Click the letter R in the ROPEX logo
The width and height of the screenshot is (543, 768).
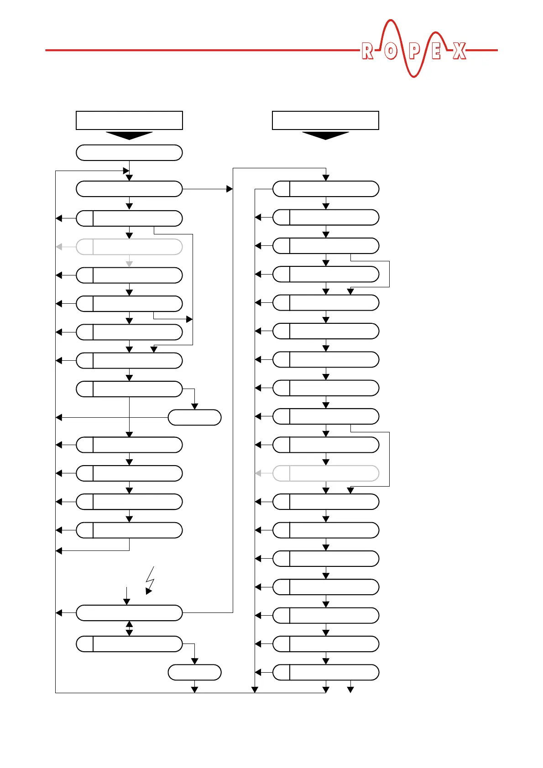click(x=367, y=51)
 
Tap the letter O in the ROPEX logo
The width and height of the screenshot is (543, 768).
click(x=390, y=51)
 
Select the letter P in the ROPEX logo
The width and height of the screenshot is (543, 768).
click(x=414, y=51)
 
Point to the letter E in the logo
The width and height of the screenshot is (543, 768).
click(x=436, y=51)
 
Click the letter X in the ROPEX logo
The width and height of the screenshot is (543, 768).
click(x=459, y=51)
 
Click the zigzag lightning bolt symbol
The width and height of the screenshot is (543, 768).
click(x=150, y=581)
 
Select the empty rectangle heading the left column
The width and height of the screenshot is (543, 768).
click(x=129, y=120)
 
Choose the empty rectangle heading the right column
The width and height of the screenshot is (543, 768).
click(x=325, y=120)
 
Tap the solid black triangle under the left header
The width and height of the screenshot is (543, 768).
click(x=129, y=135)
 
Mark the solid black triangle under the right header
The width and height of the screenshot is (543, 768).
click(x=325, y=135)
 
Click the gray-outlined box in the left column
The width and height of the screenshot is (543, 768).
click(x=129, y=247)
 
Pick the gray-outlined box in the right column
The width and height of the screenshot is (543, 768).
click(x=326, y=473)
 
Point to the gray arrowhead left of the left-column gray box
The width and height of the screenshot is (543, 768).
click(x=59, y=247)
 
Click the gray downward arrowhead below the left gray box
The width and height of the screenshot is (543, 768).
click(x=129, y=264)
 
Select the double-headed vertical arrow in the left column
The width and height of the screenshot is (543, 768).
click(x=129, y=628)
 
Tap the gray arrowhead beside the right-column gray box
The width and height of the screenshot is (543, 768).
click(x=258, y=473)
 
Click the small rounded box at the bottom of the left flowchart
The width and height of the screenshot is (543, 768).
click(x=194, y=672)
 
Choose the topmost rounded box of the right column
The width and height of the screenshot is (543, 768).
click(x=326, y=189)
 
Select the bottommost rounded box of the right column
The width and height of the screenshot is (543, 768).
click(x=326, y=672)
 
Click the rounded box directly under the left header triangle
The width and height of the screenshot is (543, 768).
click(x=129, y=153)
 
